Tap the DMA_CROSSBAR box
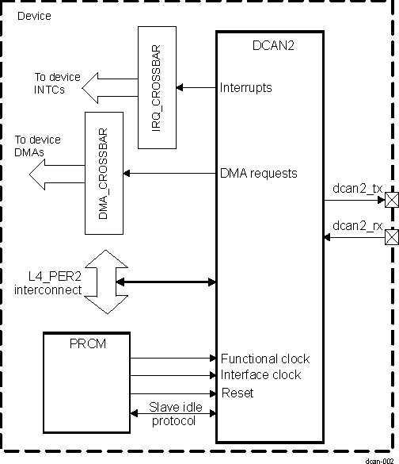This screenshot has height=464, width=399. pos(104,162)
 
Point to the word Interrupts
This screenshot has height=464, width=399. pos(246,87)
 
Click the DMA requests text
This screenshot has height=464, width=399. pos(259,173)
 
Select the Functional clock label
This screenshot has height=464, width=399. pos(265,359)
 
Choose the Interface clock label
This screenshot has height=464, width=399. pos(260,375)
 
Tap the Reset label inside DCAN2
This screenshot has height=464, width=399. pos(237,393)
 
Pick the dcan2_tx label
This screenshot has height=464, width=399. pos(358,188)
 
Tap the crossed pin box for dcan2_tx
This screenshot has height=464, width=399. pos(390,201)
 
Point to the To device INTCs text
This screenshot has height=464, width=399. pos(56,84)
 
